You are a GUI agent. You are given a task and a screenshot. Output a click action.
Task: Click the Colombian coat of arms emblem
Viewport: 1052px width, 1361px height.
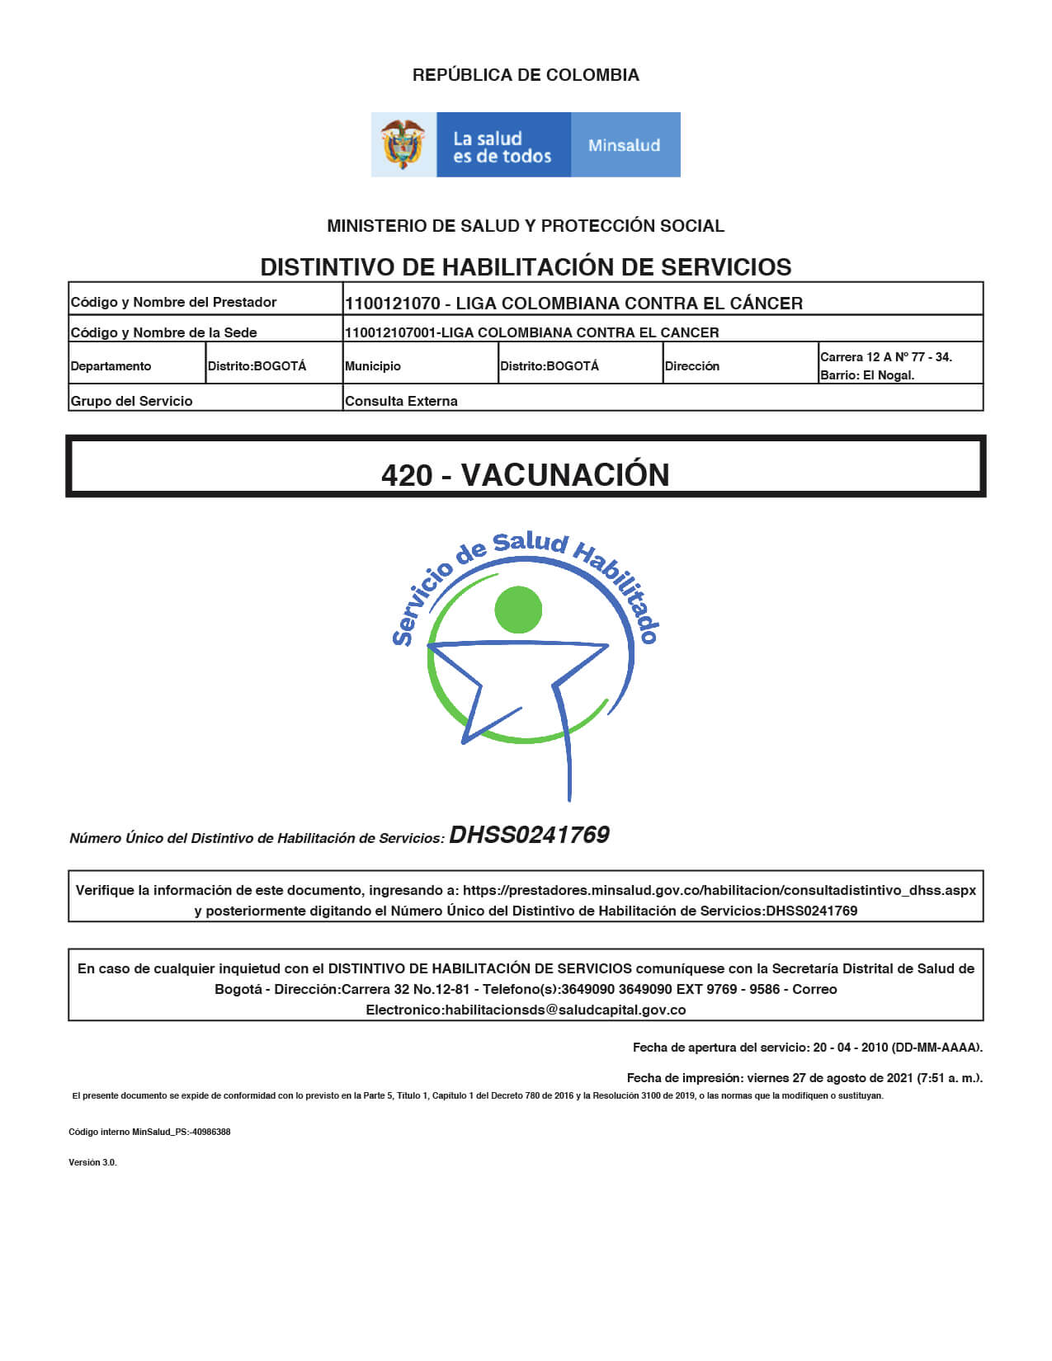tap(403, 144)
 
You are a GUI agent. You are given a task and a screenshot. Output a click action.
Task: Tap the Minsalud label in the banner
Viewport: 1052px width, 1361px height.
tap(624, 145)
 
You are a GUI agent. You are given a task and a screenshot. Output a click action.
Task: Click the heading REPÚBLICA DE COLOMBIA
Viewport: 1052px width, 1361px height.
tap(526, 75)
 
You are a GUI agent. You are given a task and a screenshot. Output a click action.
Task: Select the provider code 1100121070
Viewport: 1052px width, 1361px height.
tap(393, 304)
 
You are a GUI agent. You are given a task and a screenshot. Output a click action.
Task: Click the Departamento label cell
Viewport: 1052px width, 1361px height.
tap(111, 366)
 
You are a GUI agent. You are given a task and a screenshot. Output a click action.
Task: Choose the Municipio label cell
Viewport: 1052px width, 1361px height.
tap(373, 366)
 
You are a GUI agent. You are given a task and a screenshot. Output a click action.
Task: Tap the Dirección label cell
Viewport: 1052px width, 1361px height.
tap(692, 366)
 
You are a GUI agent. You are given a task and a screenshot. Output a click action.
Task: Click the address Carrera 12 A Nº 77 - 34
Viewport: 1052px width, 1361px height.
tap(885, 357)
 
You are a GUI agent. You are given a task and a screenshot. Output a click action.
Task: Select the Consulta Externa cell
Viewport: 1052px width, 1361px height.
tap(401, 401)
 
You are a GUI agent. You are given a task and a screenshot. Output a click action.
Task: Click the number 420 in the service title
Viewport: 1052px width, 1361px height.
tap(407, 475)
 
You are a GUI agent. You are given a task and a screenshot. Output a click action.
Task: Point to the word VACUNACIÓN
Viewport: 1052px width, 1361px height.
tap(565, 475)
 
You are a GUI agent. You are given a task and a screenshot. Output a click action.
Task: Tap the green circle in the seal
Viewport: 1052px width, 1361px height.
tap(518, 610)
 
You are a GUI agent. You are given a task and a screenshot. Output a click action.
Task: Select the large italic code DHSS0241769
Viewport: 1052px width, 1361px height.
tap(529, 835)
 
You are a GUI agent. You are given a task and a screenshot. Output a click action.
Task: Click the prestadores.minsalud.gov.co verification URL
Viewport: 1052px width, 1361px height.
tap(719, 890)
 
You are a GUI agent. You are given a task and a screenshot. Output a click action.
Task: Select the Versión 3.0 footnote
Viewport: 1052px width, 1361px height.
tap(92, 1162)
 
